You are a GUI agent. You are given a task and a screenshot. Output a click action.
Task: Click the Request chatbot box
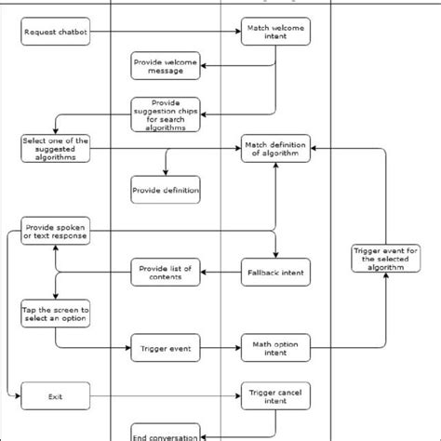[x=55, y=34]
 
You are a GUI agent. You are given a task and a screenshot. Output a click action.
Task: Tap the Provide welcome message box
[x=166, y=65]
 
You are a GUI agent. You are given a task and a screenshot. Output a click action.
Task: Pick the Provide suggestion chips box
[x=166, y=114]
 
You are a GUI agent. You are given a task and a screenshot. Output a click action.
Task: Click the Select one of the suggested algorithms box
[x=55, y=149]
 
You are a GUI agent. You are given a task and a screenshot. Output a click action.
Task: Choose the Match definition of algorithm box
[x=275, y=149]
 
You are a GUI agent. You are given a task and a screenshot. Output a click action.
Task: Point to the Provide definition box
[x=166, y=190]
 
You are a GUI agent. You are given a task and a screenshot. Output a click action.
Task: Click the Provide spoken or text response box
[x=55, y=231]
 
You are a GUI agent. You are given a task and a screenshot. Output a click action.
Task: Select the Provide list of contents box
[x=166, y=272]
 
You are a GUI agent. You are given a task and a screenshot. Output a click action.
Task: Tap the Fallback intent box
[x=275, y=272]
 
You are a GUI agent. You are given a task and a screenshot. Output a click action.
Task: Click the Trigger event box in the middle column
[x=166, y=348]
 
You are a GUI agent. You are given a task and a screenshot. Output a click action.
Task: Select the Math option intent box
[x=275, y=348]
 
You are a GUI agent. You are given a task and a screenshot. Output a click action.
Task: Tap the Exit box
[x=55, y=397]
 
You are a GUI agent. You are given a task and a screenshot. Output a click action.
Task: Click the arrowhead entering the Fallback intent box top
[x=275, y=255]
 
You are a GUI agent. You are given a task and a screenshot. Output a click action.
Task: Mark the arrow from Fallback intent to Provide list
[x=223, y=272]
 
